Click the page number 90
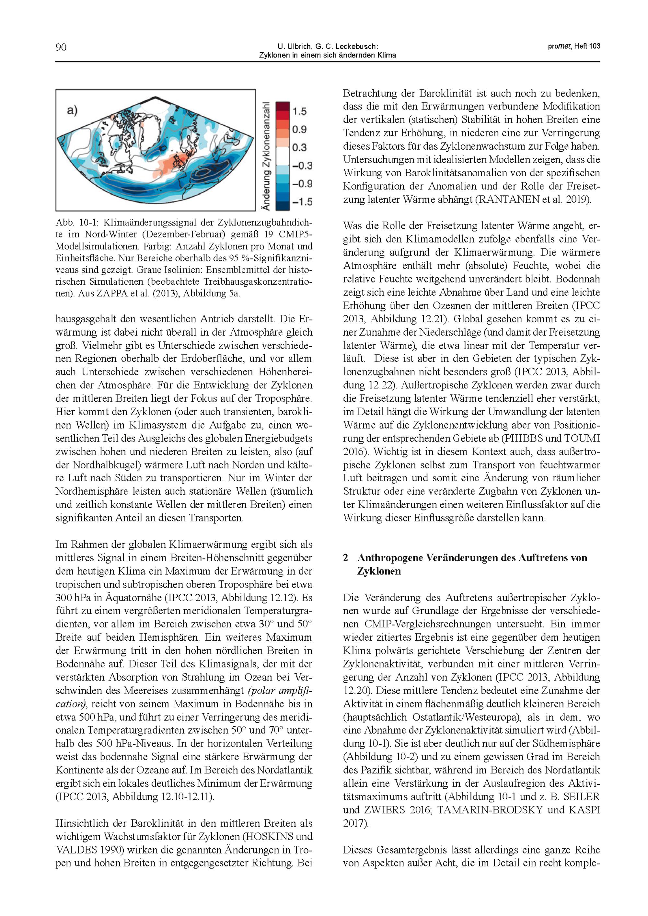[61, 48]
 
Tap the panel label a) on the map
[72, 110]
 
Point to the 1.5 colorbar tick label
[299, 111]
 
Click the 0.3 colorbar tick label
[299, 148]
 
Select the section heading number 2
[346, 558]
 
